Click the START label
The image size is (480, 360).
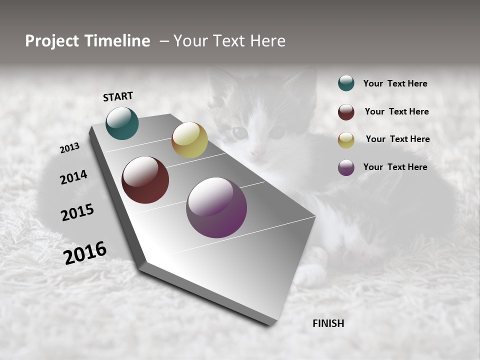coord(118,96)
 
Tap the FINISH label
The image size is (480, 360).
coord(328,323)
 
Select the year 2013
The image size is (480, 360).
coord(69,148)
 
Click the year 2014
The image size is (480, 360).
coord(73,177)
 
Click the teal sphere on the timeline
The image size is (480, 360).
coord(122,123)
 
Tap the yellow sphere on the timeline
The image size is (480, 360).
coord(189,140)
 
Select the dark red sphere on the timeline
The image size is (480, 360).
coord(145,180)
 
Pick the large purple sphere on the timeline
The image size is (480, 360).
coord(216,207)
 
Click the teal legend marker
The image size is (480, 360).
coord(346,83)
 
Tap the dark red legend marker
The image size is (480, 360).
coord(346,112)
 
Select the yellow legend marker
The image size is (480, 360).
coord(346,140)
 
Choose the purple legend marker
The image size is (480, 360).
coord(346,167)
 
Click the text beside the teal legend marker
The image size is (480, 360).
coord(395,83)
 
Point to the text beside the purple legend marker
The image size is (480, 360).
coord(395,167)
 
